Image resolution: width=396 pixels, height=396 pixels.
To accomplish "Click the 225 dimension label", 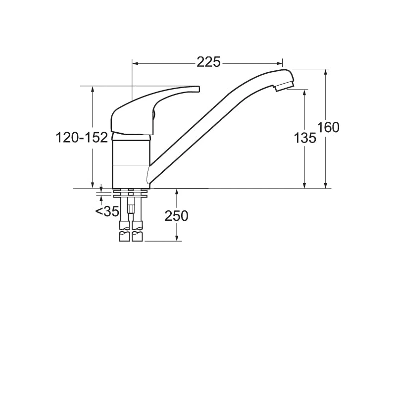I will [x=209, y=62].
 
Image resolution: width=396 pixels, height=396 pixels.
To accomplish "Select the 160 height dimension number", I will [x=329, y=128].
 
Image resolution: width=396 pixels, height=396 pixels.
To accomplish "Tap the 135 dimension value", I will [x=305, y=139].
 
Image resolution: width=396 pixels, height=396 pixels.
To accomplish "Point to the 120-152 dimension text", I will [x=82, y=138].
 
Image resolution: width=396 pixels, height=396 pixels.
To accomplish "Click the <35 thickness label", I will [x=107, y=211].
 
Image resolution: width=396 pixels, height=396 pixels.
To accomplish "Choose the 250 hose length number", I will [x=176, y=216].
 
